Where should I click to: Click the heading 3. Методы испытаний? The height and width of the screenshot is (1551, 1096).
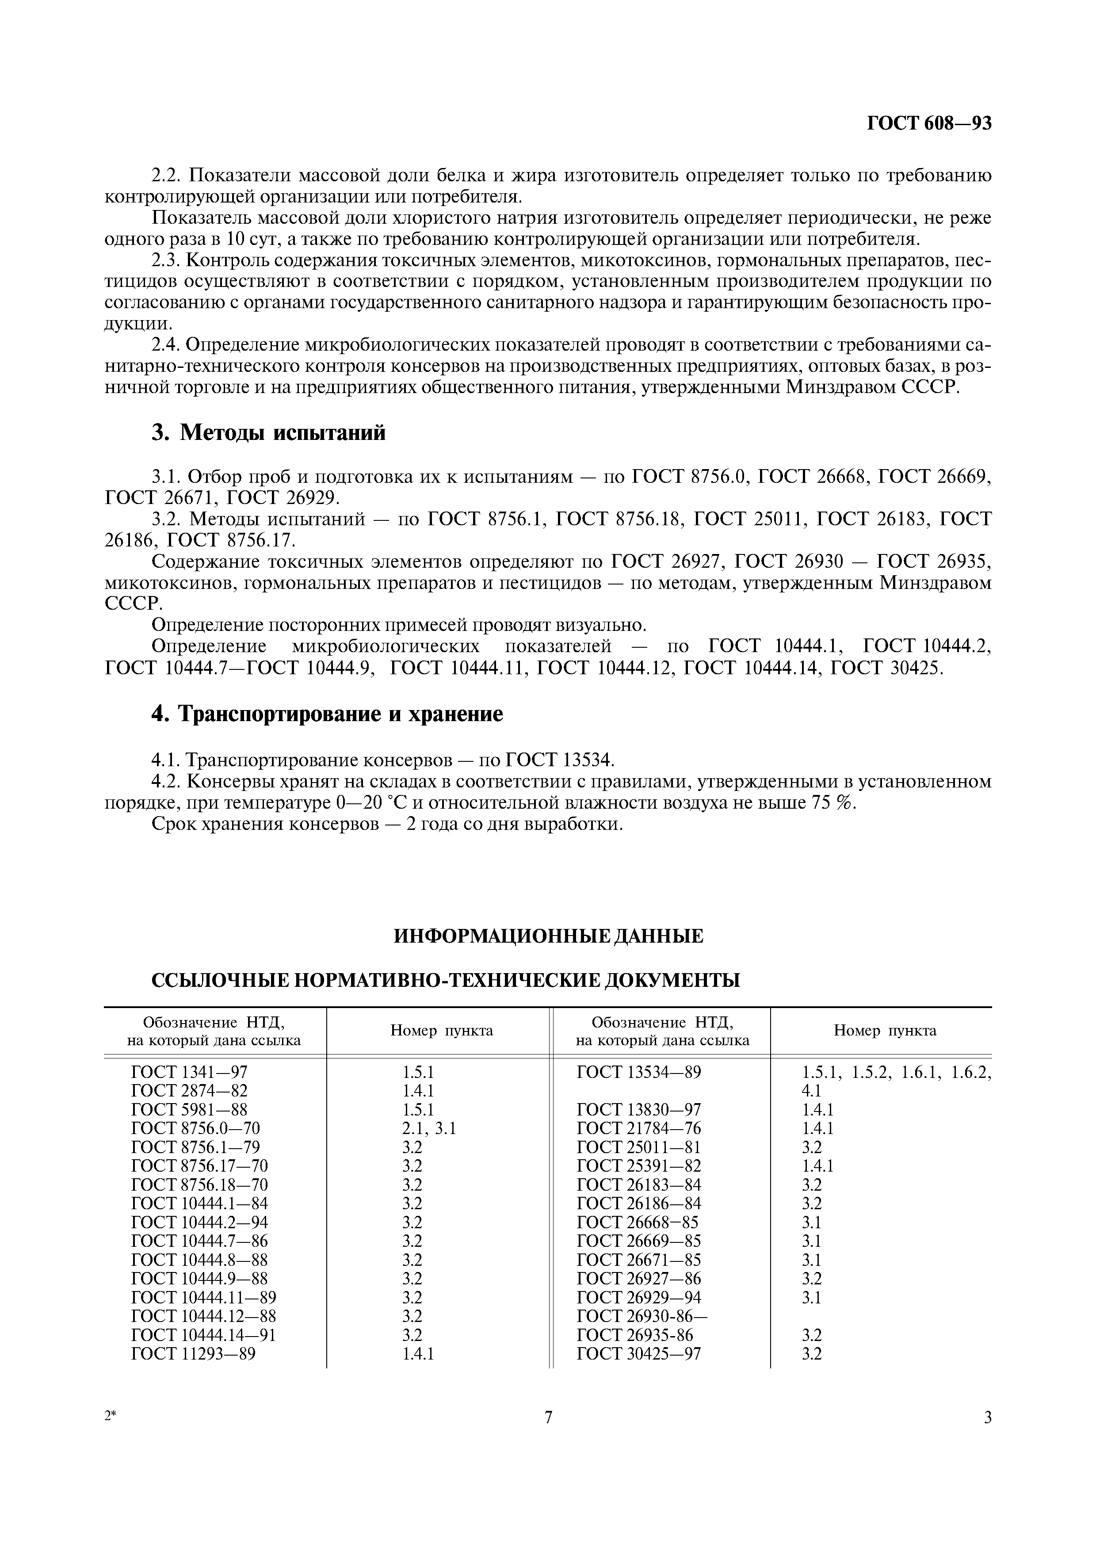click(268, 432)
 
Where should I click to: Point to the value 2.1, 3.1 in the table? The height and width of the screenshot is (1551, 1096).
click(429, 1128)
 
